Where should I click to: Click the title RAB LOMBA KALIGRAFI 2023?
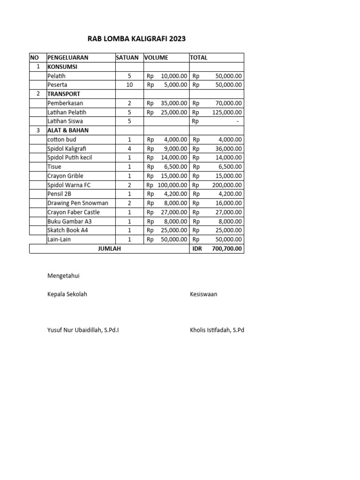pos(136,39)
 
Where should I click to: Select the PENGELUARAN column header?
pos(67,58)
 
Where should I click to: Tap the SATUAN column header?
pos(127,58)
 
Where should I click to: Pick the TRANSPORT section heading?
pos(63,94)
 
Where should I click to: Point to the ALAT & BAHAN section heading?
pos(67,130)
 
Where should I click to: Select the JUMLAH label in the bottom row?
pos(109,249)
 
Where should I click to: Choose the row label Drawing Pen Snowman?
pos(77,203)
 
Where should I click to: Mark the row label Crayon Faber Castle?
pos(73,212)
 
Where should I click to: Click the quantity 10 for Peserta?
pos(129,85)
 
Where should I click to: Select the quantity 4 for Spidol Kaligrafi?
pos(129,149)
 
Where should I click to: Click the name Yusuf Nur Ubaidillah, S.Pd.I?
pos(83,330)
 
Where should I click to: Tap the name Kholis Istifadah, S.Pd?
pos(217,330)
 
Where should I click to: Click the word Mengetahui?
pos(63,276)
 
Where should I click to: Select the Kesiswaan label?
pos(203,294)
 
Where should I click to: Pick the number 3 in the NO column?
pos(37,130)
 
